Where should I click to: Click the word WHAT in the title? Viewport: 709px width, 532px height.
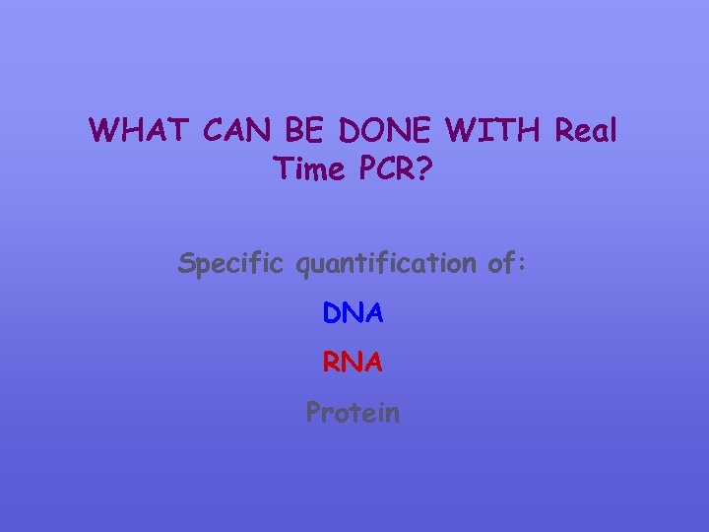[140, 130]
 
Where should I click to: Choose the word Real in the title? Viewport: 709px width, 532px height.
[586, 130]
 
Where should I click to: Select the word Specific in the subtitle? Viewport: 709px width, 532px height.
[229, 263]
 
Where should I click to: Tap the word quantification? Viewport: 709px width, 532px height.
[388, 264]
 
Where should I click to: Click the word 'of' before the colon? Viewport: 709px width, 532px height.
[503, 263]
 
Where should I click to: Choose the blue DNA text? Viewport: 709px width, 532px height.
[353, 313]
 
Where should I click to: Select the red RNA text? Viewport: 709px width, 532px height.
[353, 363]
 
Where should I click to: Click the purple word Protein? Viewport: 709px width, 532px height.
[353, 412]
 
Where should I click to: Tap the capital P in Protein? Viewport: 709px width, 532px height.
[314, 412]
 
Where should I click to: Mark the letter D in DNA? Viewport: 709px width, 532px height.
[332, 313]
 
